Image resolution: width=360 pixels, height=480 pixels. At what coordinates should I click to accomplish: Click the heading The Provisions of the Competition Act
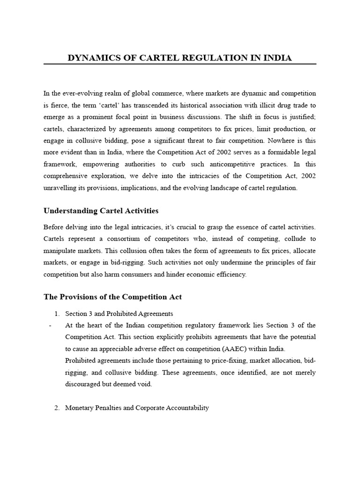coord(112,297)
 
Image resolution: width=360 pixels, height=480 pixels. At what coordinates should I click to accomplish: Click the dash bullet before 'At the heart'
coord(49,325)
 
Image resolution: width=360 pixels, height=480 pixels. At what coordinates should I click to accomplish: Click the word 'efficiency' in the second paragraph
coord(230,274)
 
